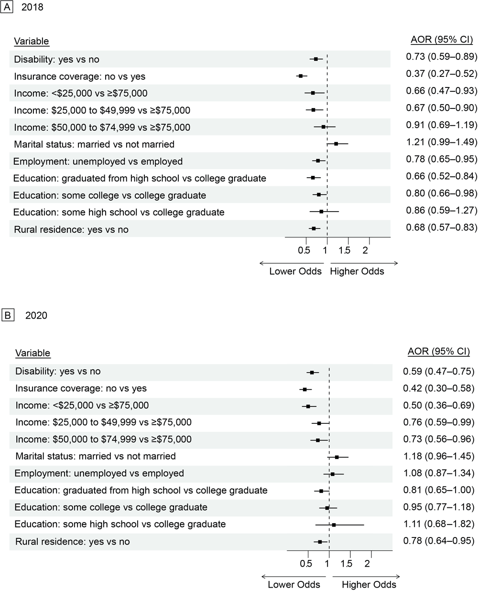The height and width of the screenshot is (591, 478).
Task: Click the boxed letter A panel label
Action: point(7,7)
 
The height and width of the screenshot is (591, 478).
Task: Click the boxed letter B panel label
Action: point(8,315)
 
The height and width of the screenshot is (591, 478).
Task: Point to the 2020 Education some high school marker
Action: point(334,525)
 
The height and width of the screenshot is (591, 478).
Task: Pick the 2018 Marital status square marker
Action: point(336,143)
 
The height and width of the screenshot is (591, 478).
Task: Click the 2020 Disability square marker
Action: point(312,372)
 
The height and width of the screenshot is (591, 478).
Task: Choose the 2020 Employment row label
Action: point(99,473)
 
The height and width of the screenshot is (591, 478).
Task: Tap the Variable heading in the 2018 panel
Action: point(32,41)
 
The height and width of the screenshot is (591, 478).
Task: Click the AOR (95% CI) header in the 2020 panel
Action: point(438,352)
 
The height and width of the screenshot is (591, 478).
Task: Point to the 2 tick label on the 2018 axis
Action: point(365,250)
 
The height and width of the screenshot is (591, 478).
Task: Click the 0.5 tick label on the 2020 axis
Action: point(306,564)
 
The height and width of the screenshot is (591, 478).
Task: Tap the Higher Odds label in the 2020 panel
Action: point(369,584)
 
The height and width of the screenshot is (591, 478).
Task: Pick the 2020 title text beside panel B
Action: point(36,315)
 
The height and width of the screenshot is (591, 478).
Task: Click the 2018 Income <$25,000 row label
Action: point(81,93)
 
